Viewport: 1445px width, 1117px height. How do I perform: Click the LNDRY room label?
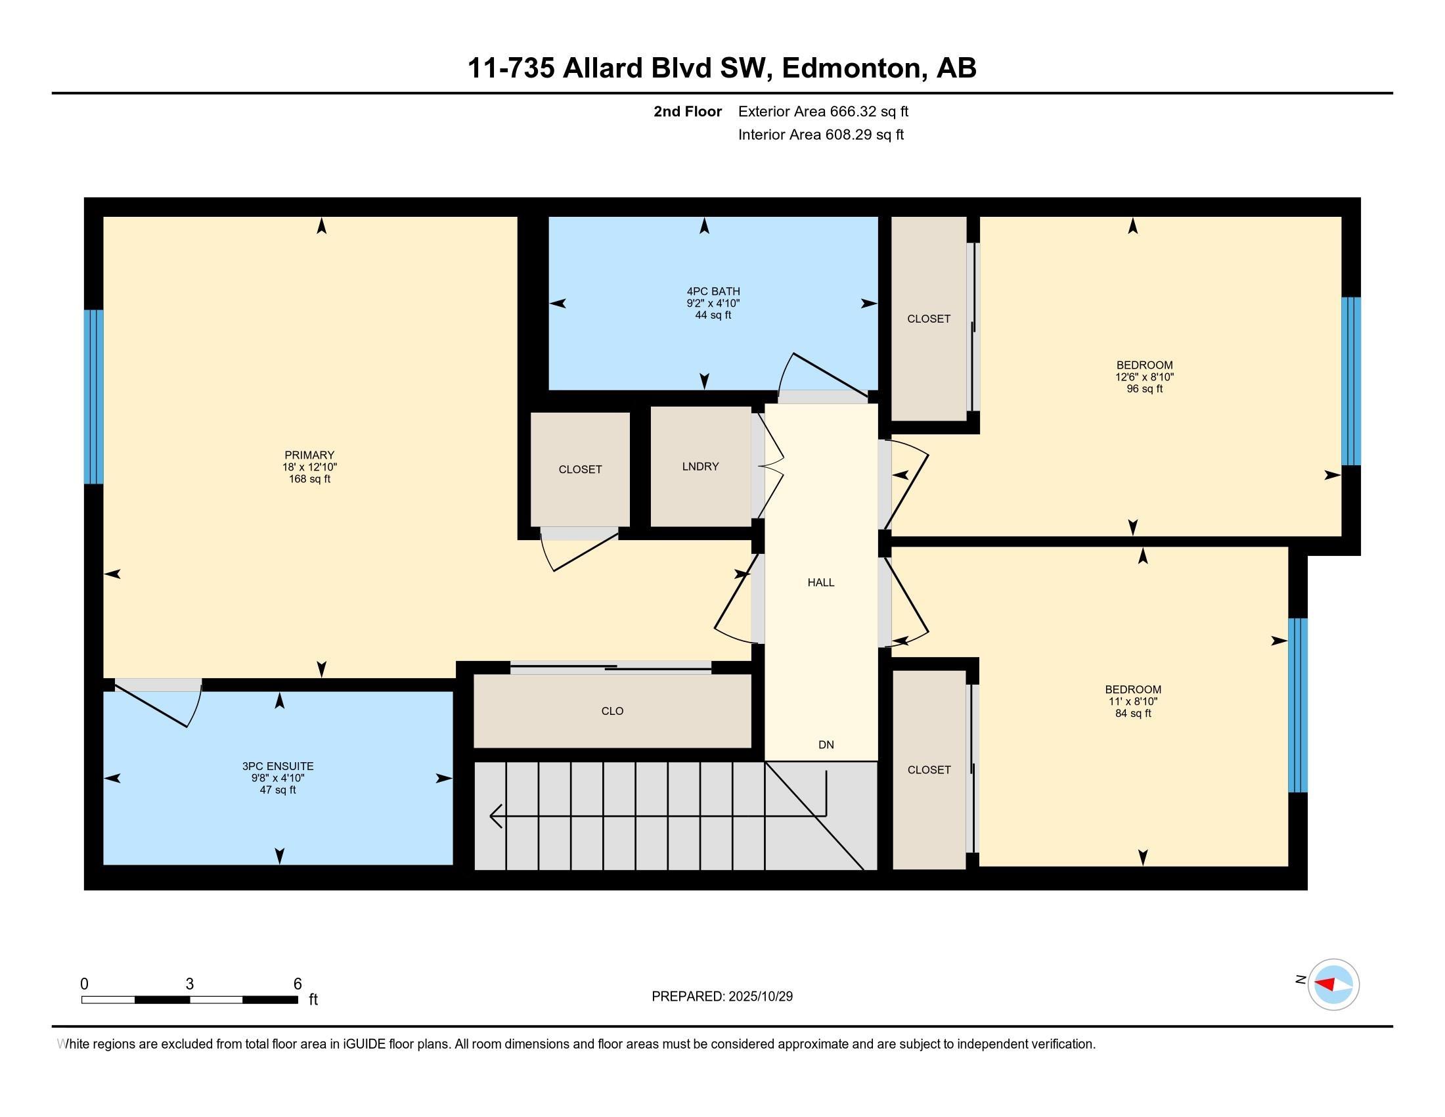point(700,467)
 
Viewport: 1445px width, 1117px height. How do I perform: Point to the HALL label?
point(820,582)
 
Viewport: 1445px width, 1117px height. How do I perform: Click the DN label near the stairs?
point(826,744)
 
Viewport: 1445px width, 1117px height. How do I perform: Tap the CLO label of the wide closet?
point(612,711)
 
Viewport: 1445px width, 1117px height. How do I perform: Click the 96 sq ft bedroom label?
point(1144,376)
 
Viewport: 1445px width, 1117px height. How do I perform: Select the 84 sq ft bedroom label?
point(1133,701)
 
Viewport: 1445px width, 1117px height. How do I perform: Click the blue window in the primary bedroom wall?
point(94,397)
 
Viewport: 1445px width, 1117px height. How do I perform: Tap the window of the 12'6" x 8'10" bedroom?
point(1350,381)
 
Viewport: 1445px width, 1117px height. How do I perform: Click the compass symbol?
point(1333,984)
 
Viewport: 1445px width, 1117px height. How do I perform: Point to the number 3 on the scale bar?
point(190,984)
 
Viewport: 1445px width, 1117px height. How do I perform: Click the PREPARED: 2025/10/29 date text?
point(722,997)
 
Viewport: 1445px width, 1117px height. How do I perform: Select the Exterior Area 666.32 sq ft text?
point(823,111)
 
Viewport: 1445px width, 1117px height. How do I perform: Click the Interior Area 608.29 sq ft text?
point(820,134)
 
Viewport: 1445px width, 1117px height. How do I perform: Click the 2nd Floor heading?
point(688,111)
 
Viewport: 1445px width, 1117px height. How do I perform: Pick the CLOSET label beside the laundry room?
point(580,469)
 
